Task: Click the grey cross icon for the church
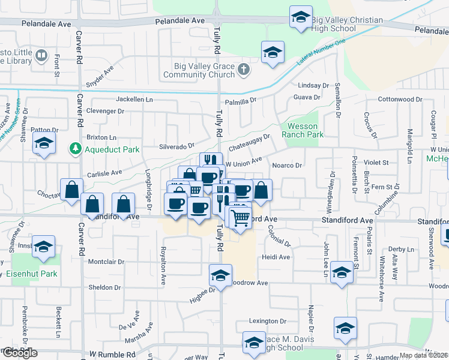click(243, 70)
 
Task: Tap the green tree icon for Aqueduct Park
click(76, 148)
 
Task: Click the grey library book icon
click(41, 56)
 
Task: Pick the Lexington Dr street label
click(265, 322)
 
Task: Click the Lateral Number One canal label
click(322, 53)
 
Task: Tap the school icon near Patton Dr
click(44, 144)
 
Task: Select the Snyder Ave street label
click(100, 78)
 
